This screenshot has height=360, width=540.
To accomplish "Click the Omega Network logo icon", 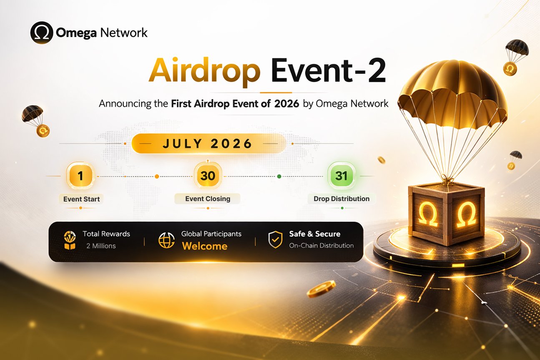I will tap(42, 33).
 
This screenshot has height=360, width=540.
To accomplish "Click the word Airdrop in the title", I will tap(204, 72).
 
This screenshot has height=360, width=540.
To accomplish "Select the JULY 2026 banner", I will tap(208, 144).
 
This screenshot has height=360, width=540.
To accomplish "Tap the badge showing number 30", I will tap(207, 176).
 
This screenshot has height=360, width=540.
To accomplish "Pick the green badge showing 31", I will tap(341, 176).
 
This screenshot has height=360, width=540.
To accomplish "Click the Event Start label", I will tap(81, 199).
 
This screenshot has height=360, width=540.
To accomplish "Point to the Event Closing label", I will tap(208, 199).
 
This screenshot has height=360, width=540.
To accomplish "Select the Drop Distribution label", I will tap(342, 199).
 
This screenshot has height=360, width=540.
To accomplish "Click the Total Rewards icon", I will tap(69, 240).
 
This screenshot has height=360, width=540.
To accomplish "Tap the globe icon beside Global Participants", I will tap(166, 240).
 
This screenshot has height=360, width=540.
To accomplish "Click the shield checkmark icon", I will tap(275, 240).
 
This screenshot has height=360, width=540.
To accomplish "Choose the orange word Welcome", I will tap(204, 246).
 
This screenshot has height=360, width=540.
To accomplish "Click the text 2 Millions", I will tap(101, 246).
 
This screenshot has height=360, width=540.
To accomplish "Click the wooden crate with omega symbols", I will tap(446, 213).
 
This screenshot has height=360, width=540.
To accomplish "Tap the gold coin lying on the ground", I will tap(321, 288).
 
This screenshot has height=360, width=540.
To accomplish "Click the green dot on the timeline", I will tap(279, 176).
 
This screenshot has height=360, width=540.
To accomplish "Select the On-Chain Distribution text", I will tap(321, 246).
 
